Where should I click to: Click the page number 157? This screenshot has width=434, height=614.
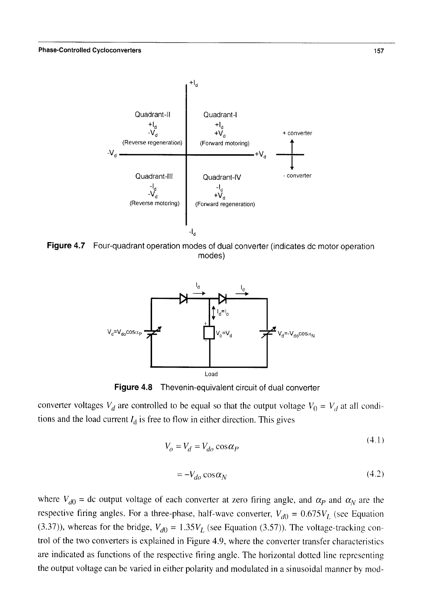click(x=378, y=51)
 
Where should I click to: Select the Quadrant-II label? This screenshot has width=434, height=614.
click(x=152, y=114)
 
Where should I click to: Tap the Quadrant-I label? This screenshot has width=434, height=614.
click(x=220, y=114)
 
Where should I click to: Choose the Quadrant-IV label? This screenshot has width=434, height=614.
click(x=222, y=177)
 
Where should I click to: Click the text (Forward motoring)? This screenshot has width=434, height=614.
click(x=225, y=143)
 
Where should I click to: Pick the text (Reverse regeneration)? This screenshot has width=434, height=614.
click(x=152, y=143)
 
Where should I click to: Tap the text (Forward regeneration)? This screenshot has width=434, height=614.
click(x=225, y=204)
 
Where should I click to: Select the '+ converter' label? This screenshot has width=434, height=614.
click(x=297, y=133)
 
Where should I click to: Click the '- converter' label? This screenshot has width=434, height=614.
click(x=297, y=175)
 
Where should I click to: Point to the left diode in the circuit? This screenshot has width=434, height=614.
click(x=183, y=298)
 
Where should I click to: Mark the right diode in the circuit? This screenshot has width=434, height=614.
click(x=222, y=298)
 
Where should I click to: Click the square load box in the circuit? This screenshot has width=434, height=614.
click(x=209, y=333)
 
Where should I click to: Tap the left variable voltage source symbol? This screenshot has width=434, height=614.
click(x=152, y=333)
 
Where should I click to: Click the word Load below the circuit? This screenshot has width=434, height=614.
click(x=211, y=374)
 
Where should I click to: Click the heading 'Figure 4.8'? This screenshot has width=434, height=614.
click(x=133, y=388)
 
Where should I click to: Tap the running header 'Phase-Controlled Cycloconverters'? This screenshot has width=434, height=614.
click(x=90, y=50)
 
